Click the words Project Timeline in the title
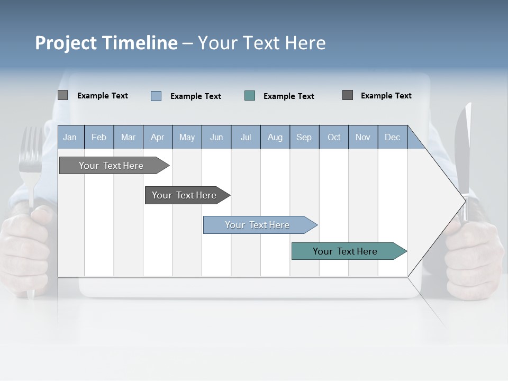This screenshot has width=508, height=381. pyautogui.click(x=106, y=43)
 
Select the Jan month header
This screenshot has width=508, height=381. pyautogui.click(x=70, y=137)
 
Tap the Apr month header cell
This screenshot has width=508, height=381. pyautogui.click(x=158, y=137)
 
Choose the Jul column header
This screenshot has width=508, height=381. pyautogui.click(x=246, y=137)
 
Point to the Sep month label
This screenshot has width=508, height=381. pyautogui.click(x=304, y=137)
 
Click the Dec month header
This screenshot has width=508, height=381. pyautogui.click(x=392, y=137)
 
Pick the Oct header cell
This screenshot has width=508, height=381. pyautogui.click(x=334, y=137)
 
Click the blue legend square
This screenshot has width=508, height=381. pyautogui.click(x=156, y=96)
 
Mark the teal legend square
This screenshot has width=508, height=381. pyautogui.click(x=250, y=96)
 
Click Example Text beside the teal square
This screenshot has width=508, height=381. pyautogui.click(x=289, y=96)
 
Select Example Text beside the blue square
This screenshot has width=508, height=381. pyautogui.click(x=196, y=96)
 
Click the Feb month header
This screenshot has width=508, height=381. pyautogui.click(x=99, y=137)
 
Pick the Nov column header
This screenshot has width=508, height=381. pyautogui.click(x=363, y=137)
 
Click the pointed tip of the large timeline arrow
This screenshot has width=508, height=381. pyautogui.click(x=466, y=200)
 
